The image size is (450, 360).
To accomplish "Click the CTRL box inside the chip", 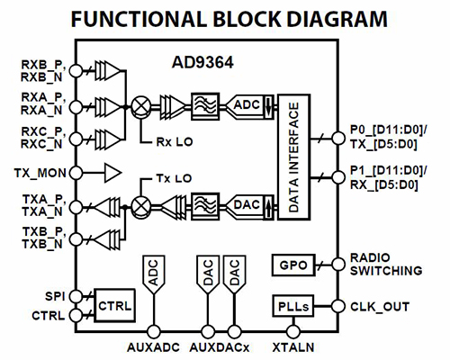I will pyautogui.click(x=114, y=305).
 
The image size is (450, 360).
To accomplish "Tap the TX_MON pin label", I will pyautogui.click(x=40, y=171).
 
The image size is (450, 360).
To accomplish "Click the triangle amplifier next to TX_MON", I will pyautogui.click(x=111, y=171).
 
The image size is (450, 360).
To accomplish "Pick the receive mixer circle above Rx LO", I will pyautogui.click(x=140, y=105).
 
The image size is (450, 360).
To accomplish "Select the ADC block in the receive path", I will pyautogui.click(x=247, y=105).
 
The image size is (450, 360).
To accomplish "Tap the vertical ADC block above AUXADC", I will pyautogui.click(x=152, y=275).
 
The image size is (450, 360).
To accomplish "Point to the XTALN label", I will pyautogui.click(x=290, y=346).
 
